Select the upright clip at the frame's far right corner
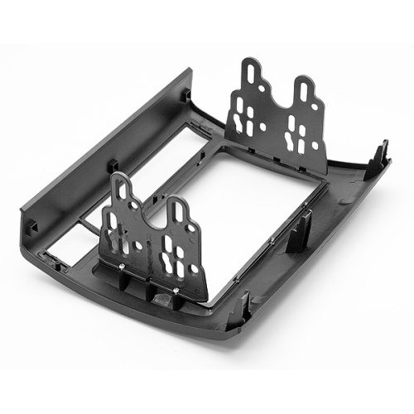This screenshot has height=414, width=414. (x=383, y=150)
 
